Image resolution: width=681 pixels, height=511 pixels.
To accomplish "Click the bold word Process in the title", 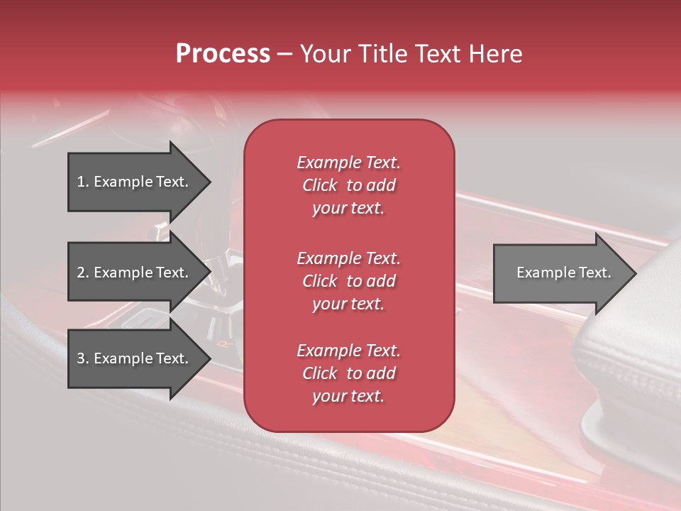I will coord(223,54).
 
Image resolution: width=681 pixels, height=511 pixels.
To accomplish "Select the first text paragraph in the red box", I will coord(348,185).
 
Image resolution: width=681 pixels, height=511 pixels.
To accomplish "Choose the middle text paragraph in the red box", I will coord(348,281).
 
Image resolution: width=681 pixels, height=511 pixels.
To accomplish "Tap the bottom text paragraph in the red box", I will coord(348,373).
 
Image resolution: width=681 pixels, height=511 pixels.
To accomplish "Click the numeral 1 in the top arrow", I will coord(81,182).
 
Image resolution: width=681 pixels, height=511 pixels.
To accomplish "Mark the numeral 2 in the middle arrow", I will coord(81,273).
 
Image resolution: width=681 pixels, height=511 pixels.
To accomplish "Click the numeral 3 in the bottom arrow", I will coord(81,358).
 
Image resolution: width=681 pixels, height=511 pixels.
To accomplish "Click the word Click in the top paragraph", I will coord(320,185).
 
